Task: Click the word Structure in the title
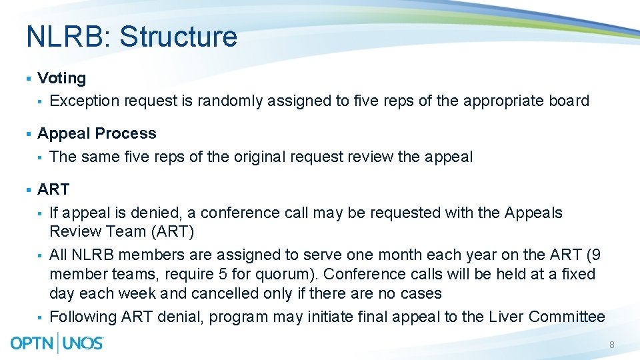[178, 37]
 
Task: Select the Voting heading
[62, 78]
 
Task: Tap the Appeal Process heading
[97, 133]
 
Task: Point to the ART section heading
[53, 189]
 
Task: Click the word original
[254, 157]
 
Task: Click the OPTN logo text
[33, 343]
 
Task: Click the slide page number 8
[611, 345]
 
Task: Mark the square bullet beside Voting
[28, 79]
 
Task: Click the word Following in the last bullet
[83, 317]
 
